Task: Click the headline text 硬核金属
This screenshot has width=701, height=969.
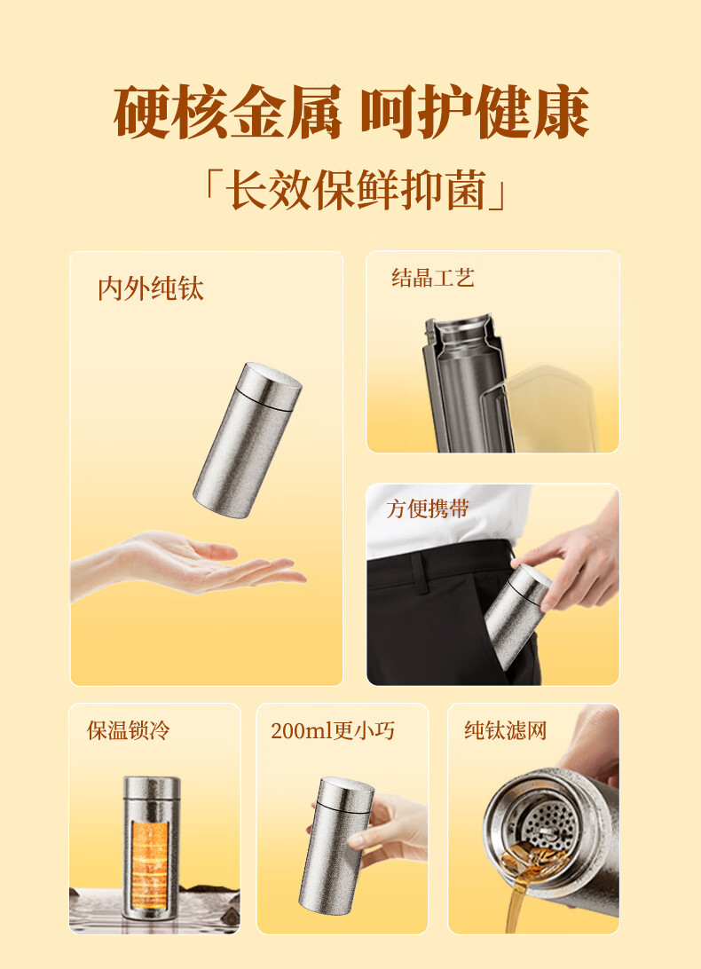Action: click(x=227, y=112)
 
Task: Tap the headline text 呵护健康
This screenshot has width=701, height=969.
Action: click(x=474, y=112)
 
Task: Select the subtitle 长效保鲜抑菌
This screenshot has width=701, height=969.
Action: click(x=355, y=189)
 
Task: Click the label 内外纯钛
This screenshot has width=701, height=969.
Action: click(x=150, y=288)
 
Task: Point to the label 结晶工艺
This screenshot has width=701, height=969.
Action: click(x=433, y=278)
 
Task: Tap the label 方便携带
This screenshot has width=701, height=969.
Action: click(x=428, y=508)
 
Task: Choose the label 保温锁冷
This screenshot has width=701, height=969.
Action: click(x=128, y=730)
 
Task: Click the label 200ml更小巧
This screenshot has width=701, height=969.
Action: click(x=333, y=730)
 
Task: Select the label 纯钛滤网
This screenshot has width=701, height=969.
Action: click(x=506, y=730)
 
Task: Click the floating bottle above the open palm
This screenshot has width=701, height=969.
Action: click(x=248, y=440)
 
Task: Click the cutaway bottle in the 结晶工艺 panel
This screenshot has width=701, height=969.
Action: click(x=467, y=383)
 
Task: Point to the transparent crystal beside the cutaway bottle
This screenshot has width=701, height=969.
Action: click(x=547, y=408)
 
